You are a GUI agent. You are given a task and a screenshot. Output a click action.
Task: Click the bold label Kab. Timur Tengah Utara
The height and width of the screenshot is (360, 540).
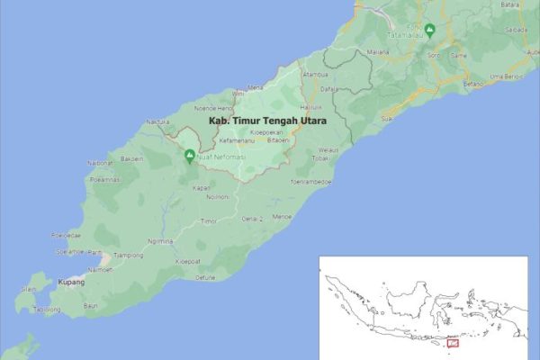tap(266, 119)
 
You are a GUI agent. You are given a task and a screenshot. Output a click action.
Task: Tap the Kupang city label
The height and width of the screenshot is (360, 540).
tap(72, 282)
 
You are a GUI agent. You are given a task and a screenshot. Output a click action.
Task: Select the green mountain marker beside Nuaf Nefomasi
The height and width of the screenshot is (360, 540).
tap(190, 155)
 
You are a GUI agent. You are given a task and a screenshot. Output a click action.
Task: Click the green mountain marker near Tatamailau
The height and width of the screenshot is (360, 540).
tap(430, 29)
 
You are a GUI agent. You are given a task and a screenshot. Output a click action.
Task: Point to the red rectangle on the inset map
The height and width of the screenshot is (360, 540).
tap(453, 342)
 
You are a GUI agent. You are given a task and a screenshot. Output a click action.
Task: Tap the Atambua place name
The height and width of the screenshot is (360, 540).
tap(315, 74)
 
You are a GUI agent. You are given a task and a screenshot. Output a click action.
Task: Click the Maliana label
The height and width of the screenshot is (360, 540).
tap(378, 51)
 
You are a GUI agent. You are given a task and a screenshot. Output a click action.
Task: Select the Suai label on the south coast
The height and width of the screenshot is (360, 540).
tap(386, 118)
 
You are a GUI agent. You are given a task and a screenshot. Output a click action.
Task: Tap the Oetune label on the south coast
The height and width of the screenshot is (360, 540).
tap(205, 277)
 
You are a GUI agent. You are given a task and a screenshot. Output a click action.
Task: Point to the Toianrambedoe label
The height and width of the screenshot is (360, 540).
tap(311, 181)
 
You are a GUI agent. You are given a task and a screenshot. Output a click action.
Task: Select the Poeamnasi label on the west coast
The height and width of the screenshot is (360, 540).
tap(104, 179)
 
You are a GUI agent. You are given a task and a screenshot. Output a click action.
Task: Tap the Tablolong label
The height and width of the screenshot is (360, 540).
tap(47, 309)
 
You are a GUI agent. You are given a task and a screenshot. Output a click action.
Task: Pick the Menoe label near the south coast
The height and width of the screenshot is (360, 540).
tap(282, 216)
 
